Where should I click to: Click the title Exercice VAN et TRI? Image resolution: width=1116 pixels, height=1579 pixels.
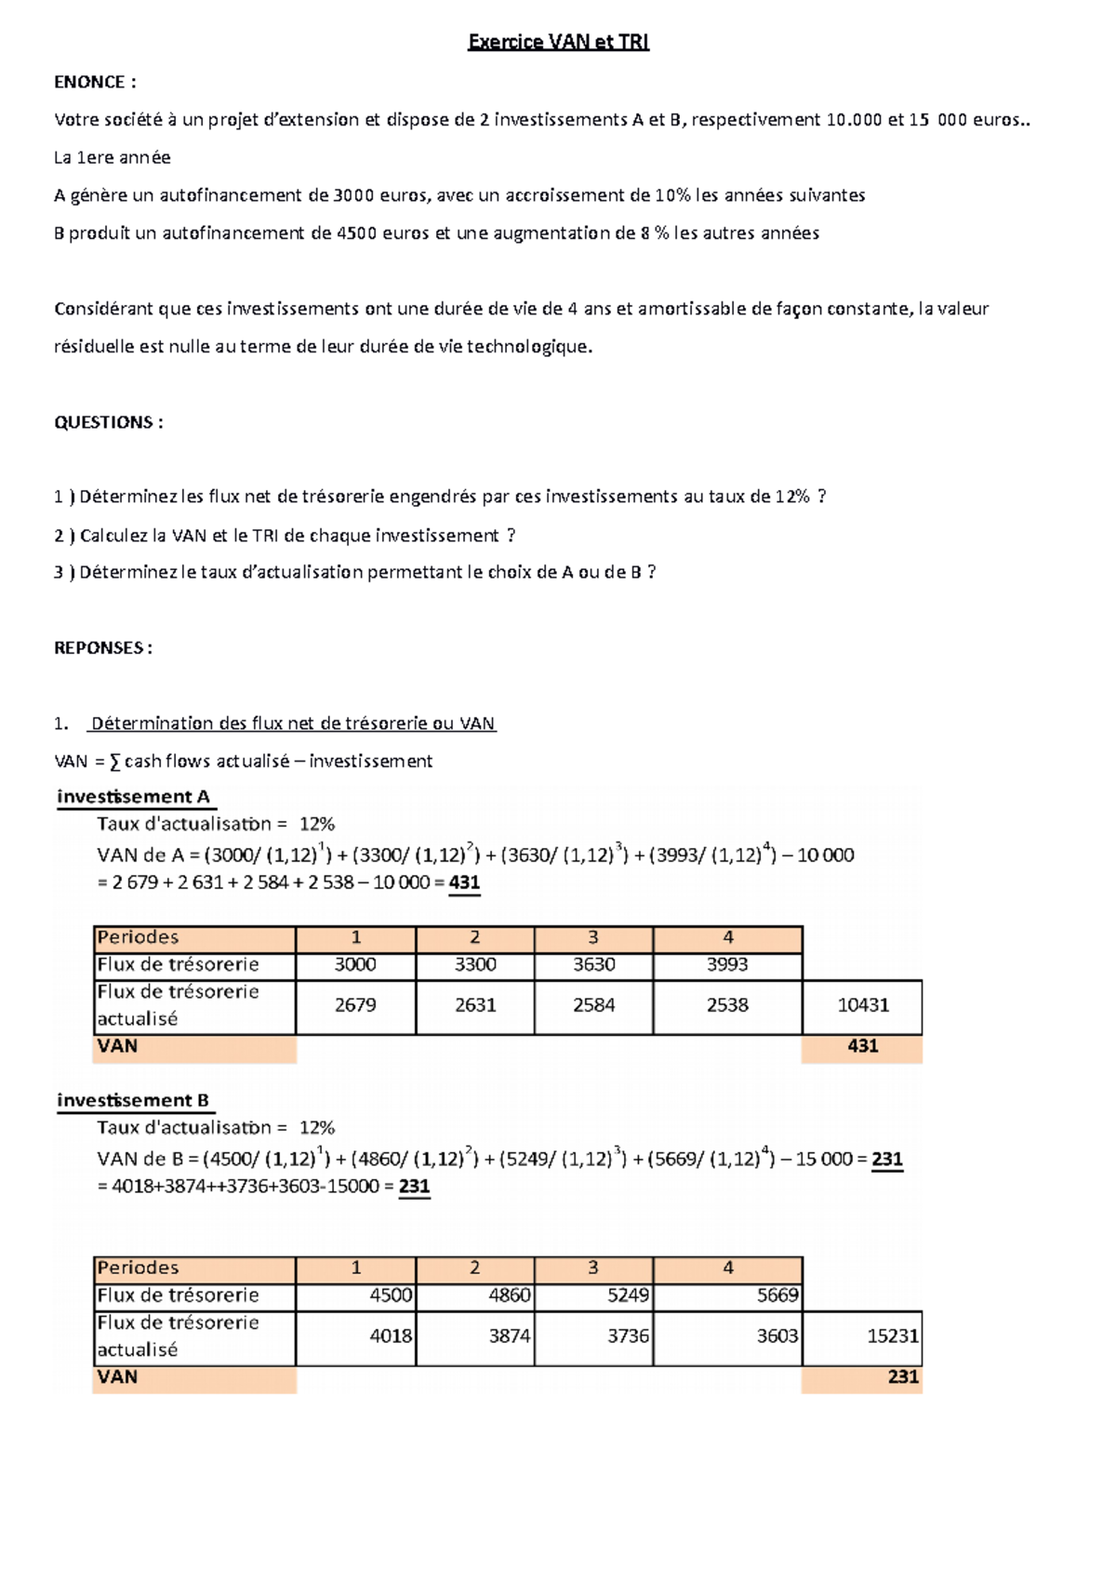(x=558, y=42)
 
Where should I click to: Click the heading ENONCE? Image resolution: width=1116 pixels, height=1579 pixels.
(x=95, y=82)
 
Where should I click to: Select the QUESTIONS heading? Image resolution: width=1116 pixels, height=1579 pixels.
(x=108, y=422)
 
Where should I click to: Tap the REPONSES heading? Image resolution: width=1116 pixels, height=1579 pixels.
(x=103, y=648)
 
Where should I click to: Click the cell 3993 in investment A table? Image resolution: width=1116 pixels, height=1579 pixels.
(x=727, y=964)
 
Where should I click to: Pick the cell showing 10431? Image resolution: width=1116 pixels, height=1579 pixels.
(x=863, y=1005)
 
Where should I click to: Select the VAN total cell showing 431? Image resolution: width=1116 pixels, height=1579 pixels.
(x=863, y=1046)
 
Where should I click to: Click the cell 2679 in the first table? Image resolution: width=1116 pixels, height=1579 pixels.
(x=355, y=1005)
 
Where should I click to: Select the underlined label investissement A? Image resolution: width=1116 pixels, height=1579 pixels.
(x=133, y=797)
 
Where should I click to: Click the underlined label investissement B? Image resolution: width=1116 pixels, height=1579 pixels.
(x=133, y=1101)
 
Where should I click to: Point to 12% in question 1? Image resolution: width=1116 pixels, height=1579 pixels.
(x=791, y=497)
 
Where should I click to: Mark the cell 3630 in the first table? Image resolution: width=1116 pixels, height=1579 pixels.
(x=593, y=964)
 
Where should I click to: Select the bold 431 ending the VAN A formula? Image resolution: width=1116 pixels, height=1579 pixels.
(x=464, y=882)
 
